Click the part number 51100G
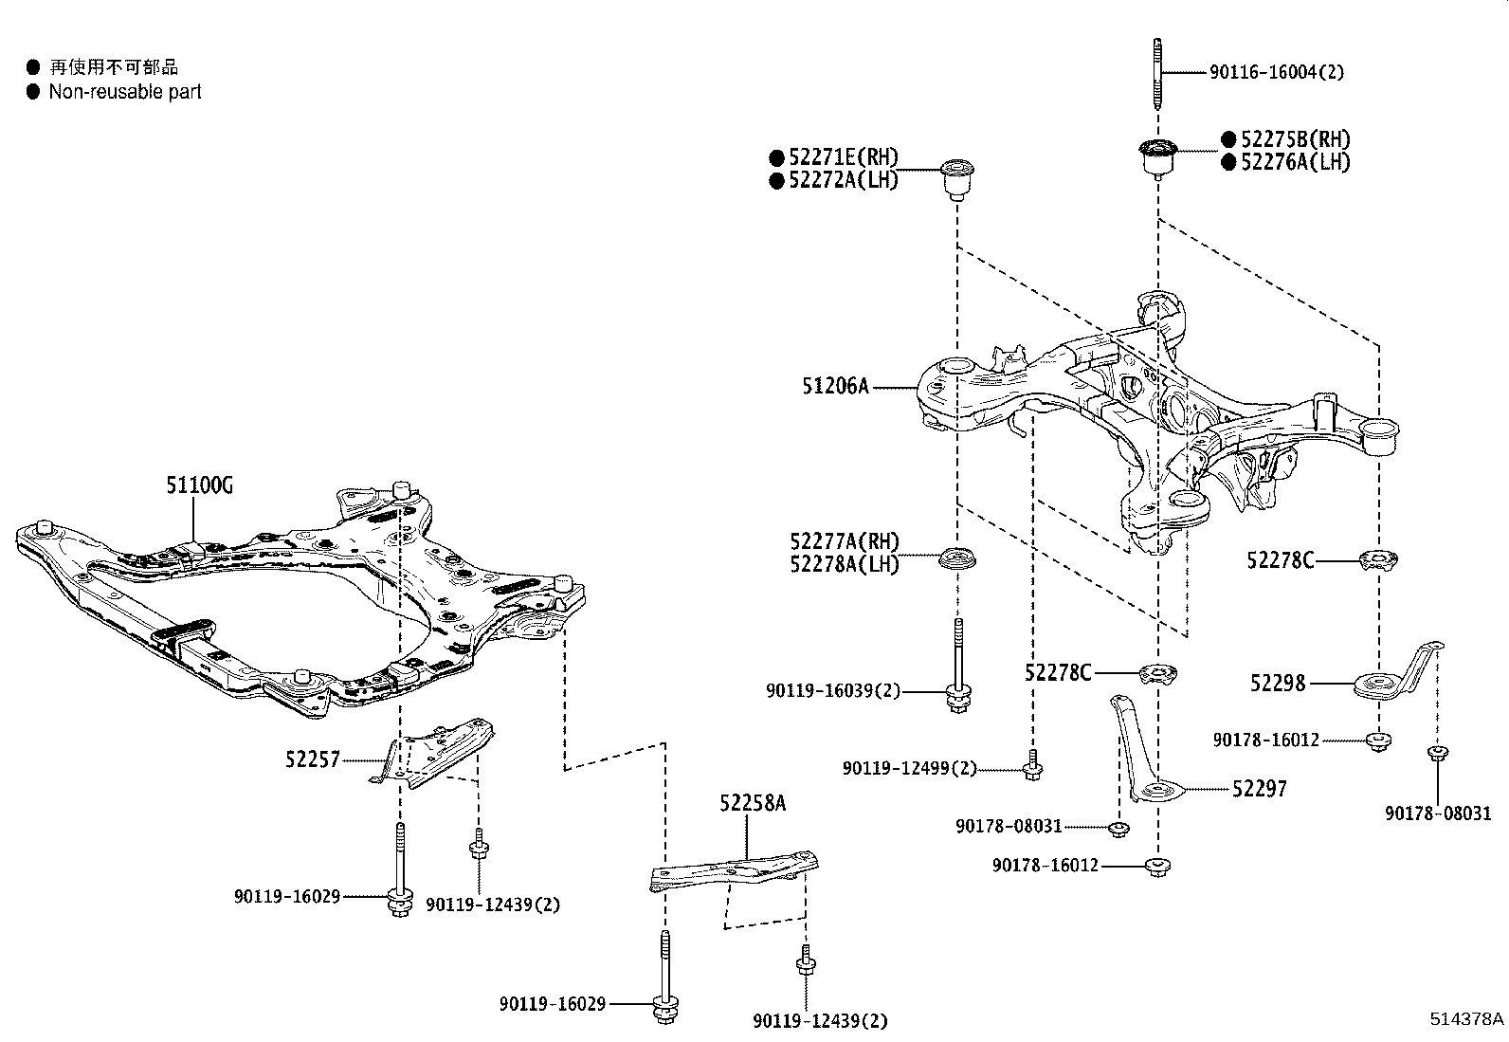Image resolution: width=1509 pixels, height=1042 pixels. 199,486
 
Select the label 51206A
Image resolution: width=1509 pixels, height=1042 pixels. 835,386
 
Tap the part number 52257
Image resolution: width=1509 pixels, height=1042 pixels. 312,759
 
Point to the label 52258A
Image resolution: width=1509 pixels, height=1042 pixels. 753,804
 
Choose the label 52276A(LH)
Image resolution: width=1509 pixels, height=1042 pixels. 1295,162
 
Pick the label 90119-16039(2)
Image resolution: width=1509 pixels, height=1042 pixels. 832,691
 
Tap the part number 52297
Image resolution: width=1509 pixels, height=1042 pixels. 1260,789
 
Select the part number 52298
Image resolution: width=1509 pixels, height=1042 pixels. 1277,683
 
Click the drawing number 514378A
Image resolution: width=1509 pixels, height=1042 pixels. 1466,1020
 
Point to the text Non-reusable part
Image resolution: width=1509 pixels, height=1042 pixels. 125,92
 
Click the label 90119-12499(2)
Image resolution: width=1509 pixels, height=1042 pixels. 908,769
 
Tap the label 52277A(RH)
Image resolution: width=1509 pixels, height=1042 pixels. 844,541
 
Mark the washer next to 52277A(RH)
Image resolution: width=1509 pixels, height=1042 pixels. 957,559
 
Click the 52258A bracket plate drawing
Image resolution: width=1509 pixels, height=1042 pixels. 735,869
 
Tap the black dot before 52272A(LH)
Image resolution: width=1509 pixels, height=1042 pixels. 776,180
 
